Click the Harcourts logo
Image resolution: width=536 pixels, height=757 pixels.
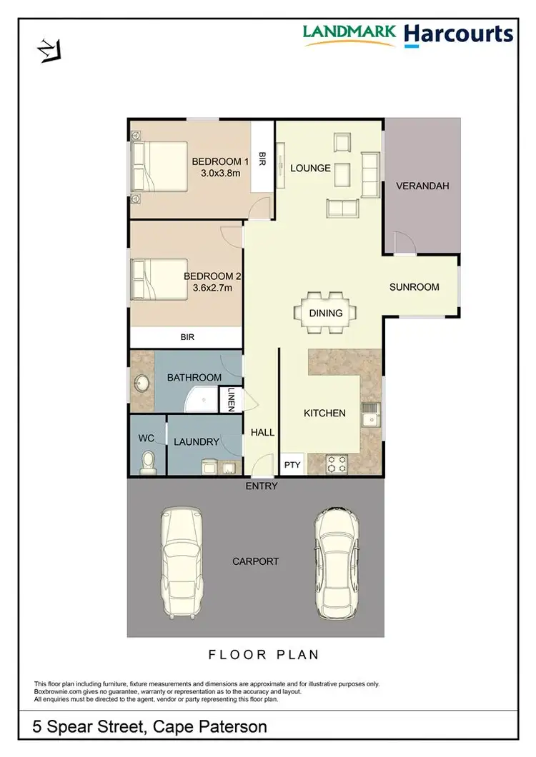click(x=459, y=34)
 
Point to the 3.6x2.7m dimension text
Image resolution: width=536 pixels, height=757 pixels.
click(x=213, y=289)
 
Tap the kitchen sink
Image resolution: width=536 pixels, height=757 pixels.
click(x=371, y=415)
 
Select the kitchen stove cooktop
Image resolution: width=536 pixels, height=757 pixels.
click(x=337, y=463)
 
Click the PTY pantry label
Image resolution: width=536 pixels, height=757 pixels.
click(x=292, y=465)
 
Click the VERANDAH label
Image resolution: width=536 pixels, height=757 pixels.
click(x=422, y=186)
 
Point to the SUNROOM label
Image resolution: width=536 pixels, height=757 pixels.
click(x=414, y=287)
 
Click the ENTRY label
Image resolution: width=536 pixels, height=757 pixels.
click(x=261, y=486)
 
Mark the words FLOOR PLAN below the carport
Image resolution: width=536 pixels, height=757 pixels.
click(x=264, y=654)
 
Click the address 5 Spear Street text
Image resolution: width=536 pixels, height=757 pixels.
click(x=150, y=727)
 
